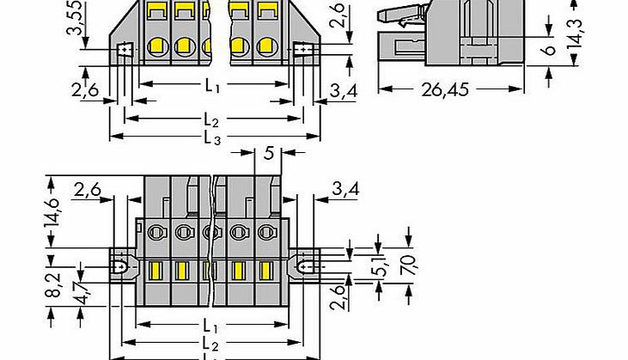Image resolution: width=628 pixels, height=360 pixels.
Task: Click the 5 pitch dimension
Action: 269,156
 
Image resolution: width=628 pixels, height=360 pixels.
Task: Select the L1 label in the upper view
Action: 212,86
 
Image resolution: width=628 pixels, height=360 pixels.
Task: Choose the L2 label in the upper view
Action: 212,120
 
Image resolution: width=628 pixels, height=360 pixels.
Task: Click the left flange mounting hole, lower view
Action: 125,267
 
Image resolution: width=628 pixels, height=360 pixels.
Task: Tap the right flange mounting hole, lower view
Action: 303,267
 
